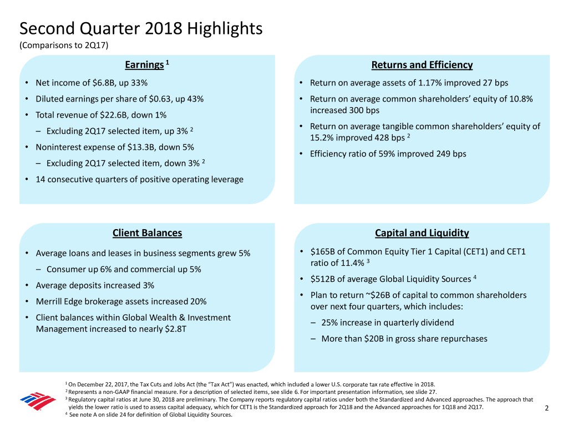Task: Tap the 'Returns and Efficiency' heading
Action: pos(422,65)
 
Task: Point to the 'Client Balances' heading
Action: pos(147,233)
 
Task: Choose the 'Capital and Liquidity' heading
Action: pos(422,233)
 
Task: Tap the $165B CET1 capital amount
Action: pos(321,252)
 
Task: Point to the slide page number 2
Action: pos(547,409)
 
